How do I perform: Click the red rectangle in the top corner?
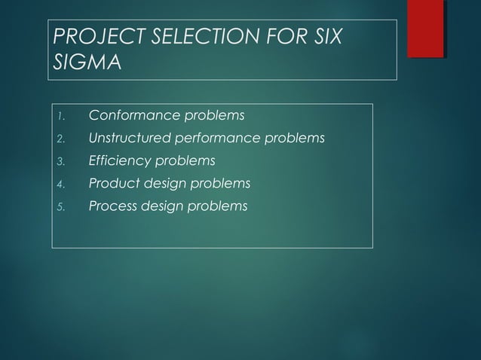coord(425,29)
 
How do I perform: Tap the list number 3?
coord(63,161)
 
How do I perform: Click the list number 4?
coord(63,184)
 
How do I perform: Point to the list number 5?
coord(63,206)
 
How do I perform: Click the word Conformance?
coord(134,116)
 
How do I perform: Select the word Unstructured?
coord(127,139)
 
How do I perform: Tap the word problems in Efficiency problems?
coord(184,160)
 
